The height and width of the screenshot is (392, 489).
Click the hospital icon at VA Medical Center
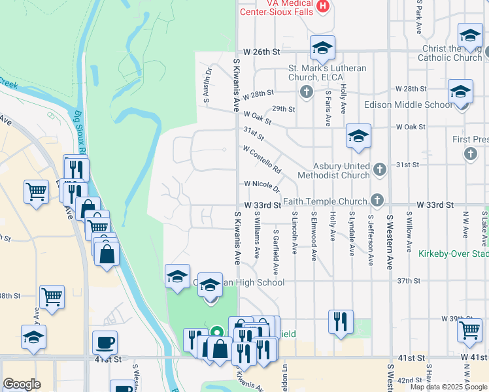click(x=322, y=7)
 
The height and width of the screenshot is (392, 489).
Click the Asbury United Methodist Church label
click(x=333, y=171)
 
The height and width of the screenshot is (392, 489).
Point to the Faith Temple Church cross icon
click(x=376, y=199)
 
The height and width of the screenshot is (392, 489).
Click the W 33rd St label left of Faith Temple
click(x=262, y=205)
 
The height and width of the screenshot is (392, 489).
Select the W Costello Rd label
click(x=261, y=159)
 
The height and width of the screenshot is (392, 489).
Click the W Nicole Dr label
click(x=262, y=186)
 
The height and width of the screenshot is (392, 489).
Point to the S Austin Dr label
click(x=207, y=86)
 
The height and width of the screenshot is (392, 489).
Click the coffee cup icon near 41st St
click(x=105, y=342)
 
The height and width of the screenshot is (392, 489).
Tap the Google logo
click(x=22, y=384)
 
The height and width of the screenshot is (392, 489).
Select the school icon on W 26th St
click(x=322, y=48)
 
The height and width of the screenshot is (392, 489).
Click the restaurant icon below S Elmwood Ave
click(x=341, y=321)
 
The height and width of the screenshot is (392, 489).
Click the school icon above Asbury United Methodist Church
click(x=358, y=136)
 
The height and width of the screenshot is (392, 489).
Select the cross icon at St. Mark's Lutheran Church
click(x=305, y=91)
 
